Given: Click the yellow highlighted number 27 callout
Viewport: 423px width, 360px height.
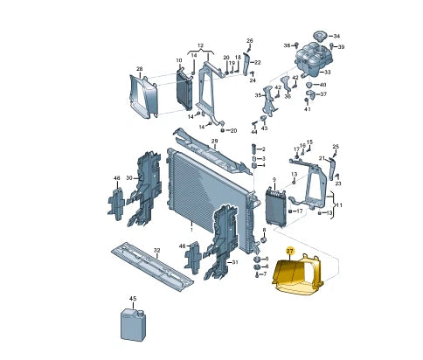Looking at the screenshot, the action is point(290,251).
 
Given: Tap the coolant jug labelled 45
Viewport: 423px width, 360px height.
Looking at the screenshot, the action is point(134,325).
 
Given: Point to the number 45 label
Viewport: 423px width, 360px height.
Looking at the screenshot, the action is point(133,299).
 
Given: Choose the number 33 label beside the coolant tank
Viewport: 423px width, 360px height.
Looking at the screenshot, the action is point(328,72).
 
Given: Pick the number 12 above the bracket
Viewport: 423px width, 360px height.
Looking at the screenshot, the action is point(200,45).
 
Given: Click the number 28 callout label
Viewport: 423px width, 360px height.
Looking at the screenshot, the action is point(140,69).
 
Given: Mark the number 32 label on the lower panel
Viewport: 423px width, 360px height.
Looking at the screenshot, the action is point(156,250).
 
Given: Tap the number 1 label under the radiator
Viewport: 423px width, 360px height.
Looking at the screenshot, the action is point(191,230).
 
